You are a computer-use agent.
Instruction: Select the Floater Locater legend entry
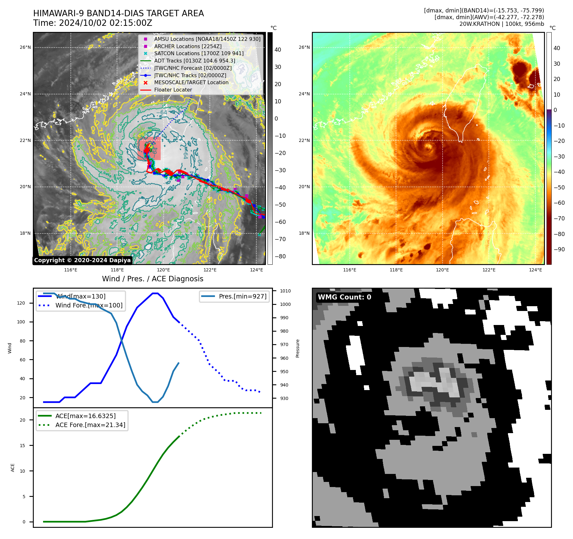pos(173,90)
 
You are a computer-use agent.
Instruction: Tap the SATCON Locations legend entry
pos(199,54)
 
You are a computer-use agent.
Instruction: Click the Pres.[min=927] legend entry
pos(242,296)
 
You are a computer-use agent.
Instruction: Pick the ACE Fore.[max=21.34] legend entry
pos(90,425)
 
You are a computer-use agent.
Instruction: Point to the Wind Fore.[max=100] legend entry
pos(89,305)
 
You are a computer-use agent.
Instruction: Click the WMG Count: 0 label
pos(344,297)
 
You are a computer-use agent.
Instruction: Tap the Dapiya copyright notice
pos(82,260)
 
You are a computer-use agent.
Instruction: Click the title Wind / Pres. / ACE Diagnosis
pos(152,279)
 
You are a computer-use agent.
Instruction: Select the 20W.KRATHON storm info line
pos(502,24)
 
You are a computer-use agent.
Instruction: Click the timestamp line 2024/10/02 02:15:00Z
pos(93,23)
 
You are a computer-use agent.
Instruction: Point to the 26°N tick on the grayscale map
pos(25,48)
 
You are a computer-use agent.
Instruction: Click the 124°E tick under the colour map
pos(535,270)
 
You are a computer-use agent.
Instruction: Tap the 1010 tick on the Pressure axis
pos(285,291)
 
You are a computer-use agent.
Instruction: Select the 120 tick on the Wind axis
pos(21,303)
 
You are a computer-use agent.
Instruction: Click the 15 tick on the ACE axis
pos(22,446)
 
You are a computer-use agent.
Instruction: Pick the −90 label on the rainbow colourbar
pos(559,249)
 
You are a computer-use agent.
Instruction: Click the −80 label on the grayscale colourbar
pos(280,256)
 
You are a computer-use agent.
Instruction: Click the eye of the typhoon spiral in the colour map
pos(428,147)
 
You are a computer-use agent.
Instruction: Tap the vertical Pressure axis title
pos(298,348)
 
